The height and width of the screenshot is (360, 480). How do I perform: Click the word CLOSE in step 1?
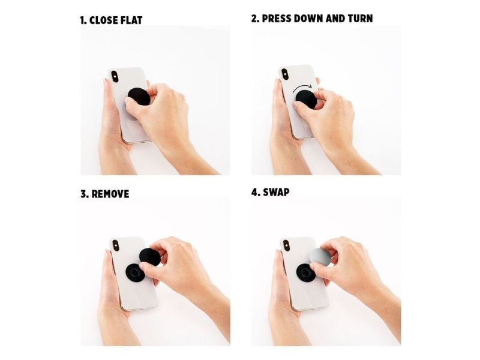pyautogui.click(x=103, y=20)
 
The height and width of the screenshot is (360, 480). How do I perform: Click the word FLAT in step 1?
pyautogui.click(x=130, y=20)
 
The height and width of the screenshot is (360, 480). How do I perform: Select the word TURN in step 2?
pyautogui.click(x=361, y=19)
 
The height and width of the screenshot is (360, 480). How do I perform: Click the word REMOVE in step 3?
pyautogui.click(x=110, y=194)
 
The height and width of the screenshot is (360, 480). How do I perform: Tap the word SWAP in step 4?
pyautogui.click(x=276, y=192)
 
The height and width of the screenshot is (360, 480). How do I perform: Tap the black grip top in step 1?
pyautogui.click(x=139, y=97)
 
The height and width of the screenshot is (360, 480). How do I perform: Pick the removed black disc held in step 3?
pyautogui.click(x=149, y=257)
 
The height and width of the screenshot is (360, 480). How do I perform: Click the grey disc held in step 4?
pyautogui.click(x=320, y=257)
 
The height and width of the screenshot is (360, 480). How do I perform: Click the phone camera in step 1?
pyautogui.click(x=115, y=77)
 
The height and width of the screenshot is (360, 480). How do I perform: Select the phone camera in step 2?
pyautogui.click(x=285, y=74)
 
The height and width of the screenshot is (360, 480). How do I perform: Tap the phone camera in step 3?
pyautogui.click(x=116, y=245)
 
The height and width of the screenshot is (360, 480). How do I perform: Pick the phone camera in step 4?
pyautogui.click(x=286, y=245)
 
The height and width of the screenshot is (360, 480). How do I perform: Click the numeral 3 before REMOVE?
pyautogui.click(x=83, y=194)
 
